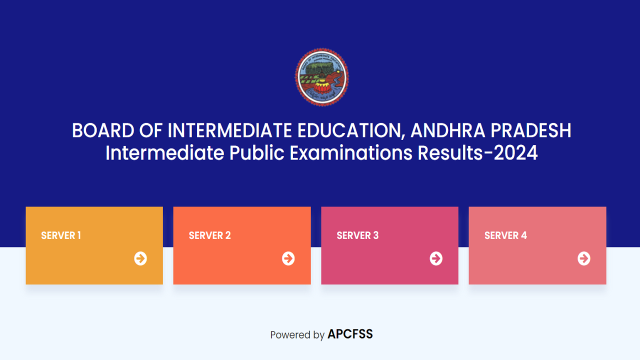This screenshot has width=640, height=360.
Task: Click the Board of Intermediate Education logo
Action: click(321, 77)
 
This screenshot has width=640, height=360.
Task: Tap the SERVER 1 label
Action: click(61, 235)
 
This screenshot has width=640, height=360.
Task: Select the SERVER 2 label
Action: click(209, 235)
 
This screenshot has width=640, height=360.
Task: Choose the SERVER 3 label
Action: click(357, 235)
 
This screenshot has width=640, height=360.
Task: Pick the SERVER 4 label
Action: click(505, 235)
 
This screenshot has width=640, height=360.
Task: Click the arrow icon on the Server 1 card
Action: click(140, 258)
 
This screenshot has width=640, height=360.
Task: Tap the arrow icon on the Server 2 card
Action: click(288, 258)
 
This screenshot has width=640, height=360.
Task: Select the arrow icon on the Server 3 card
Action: click(436, 258)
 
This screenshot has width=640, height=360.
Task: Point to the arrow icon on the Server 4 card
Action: click(584, 258)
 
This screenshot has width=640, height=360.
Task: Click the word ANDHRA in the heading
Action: click(447, 131)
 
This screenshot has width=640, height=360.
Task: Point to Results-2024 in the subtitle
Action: click(477, 153)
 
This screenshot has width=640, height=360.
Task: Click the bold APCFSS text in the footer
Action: click(350, 334)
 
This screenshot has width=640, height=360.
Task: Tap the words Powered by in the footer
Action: click(297, 335)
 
